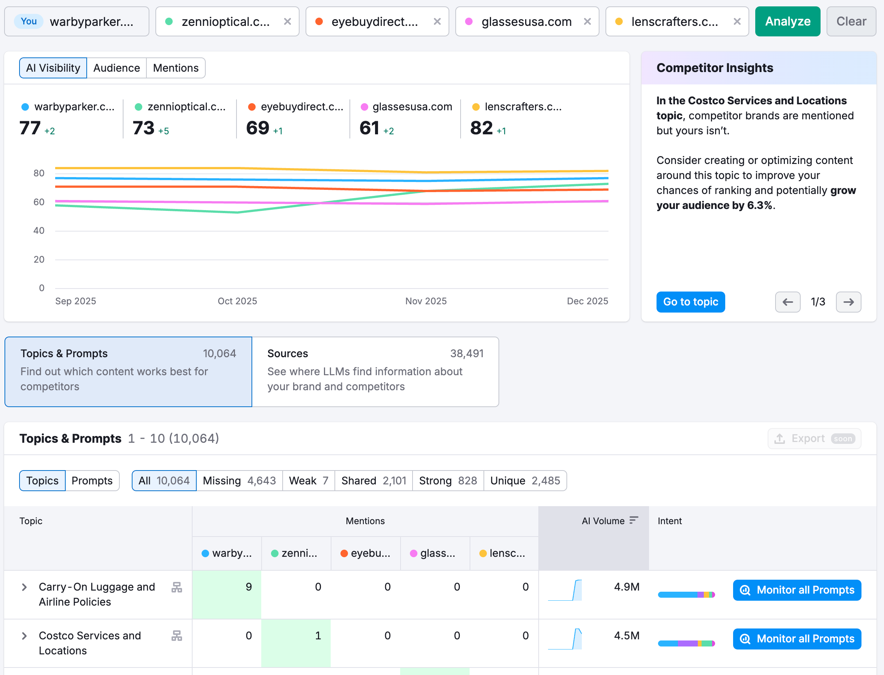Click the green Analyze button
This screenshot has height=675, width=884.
point(787,21)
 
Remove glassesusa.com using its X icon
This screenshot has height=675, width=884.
point(587,21)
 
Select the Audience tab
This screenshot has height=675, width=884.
point(117,68)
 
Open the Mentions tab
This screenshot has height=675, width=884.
point(176,68)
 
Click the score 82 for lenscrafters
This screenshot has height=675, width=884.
point(481,128)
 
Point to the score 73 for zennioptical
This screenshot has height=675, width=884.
point(143,128)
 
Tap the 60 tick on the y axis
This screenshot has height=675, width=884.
point(39,202)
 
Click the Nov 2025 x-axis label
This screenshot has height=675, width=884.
point(426,301)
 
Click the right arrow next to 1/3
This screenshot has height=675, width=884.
point(848,302)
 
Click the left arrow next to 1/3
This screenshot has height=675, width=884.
point(788,302)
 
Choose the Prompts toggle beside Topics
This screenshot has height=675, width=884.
point(92,481)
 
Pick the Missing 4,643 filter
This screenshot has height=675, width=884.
point(239,481)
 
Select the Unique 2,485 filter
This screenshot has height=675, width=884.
point(525,481)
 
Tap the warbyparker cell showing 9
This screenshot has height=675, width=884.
point(227,587)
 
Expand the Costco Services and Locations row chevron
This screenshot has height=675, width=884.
point(24,636)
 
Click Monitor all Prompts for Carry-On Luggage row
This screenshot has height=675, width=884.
point(797,590)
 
